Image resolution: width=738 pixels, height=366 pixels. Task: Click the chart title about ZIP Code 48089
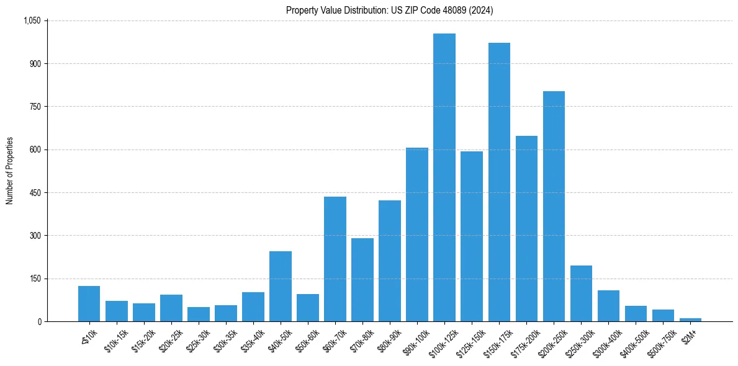click(389, 10)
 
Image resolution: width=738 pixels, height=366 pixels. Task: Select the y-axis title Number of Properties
click(10, 171)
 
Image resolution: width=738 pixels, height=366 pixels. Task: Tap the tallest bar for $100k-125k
click(444, 177)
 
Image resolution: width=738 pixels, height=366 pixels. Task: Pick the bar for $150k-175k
click(499, 182)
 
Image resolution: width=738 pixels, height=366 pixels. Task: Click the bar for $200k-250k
click(554, 207)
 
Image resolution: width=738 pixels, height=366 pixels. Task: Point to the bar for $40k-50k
click(281, 287)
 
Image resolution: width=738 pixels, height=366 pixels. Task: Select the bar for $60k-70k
click(335, 259)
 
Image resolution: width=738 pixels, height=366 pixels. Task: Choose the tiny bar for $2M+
click(690, 319)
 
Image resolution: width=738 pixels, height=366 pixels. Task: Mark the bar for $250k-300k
click(581, 293)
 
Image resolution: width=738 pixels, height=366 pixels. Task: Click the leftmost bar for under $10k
click(89, 304)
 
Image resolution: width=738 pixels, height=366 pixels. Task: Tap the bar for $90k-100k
click(417, 234)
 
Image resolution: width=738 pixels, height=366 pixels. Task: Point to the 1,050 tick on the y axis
click(32, 20)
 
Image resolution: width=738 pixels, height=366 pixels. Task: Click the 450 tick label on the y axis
click(35, 193)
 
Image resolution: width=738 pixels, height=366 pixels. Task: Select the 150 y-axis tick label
click(35, 279)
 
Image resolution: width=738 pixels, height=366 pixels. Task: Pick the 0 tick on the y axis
click(38, 321)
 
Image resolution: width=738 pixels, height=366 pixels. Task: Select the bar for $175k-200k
click(526, 228)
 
